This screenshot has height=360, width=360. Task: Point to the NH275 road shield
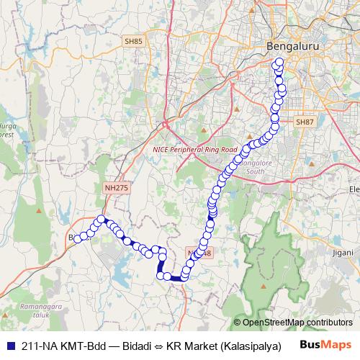click(116, 187)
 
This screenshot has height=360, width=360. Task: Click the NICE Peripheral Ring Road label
click(194, 150)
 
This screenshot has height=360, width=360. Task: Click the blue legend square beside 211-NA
click(10, 345)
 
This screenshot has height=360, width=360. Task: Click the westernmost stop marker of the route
click(77, 238)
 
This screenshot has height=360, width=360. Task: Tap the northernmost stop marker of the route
click(279, 61)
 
